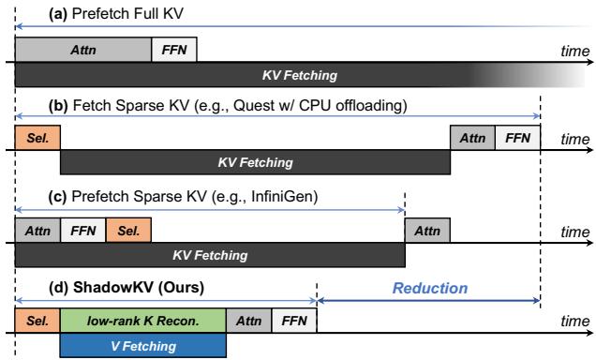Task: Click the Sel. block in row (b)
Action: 37,138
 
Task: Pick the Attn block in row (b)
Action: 472,138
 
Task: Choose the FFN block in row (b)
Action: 517,138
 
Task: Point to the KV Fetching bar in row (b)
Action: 255,161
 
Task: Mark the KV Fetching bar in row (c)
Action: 209,254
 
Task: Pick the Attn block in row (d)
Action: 248,321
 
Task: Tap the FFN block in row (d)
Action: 293,321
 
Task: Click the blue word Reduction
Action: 429,288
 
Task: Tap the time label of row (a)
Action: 574,52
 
